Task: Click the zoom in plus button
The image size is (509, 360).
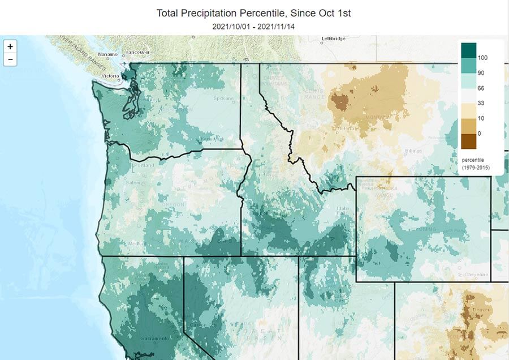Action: (10, 46)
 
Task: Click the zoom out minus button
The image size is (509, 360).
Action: (10, 59)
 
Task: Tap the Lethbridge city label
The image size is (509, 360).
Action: (317, 39)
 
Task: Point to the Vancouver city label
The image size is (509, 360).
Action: (138, 52)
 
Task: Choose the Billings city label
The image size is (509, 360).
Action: (414, 151)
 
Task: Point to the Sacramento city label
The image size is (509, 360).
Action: (156, 338)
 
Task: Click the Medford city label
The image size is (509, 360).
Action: (135, 244)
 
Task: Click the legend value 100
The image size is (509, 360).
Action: (482, 58)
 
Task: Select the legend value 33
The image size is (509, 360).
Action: (481, 103)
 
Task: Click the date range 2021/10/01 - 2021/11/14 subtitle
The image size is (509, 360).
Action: (254, 26)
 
